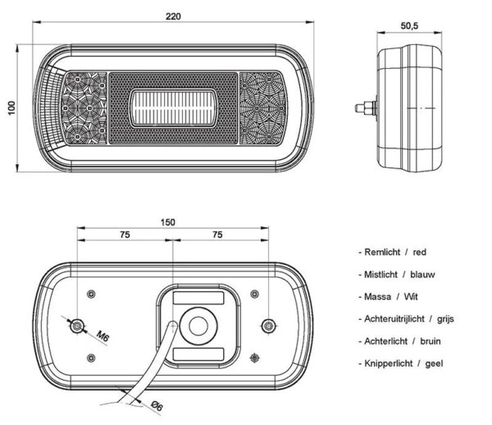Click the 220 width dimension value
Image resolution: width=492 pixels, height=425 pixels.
point(173,16)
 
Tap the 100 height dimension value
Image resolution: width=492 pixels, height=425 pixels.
point(11,108)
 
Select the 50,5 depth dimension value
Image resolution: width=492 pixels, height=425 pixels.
point(409,25)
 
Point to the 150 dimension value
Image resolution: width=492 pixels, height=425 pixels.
point(168,222)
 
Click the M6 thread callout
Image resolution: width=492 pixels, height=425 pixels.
point(102,336)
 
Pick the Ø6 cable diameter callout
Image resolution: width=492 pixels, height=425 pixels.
point(157,406)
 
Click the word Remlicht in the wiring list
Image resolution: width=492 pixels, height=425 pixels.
point(382,252)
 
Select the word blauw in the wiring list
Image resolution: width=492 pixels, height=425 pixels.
point(422,275)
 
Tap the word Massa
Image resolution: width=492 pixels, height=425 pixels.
point(377,297)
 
